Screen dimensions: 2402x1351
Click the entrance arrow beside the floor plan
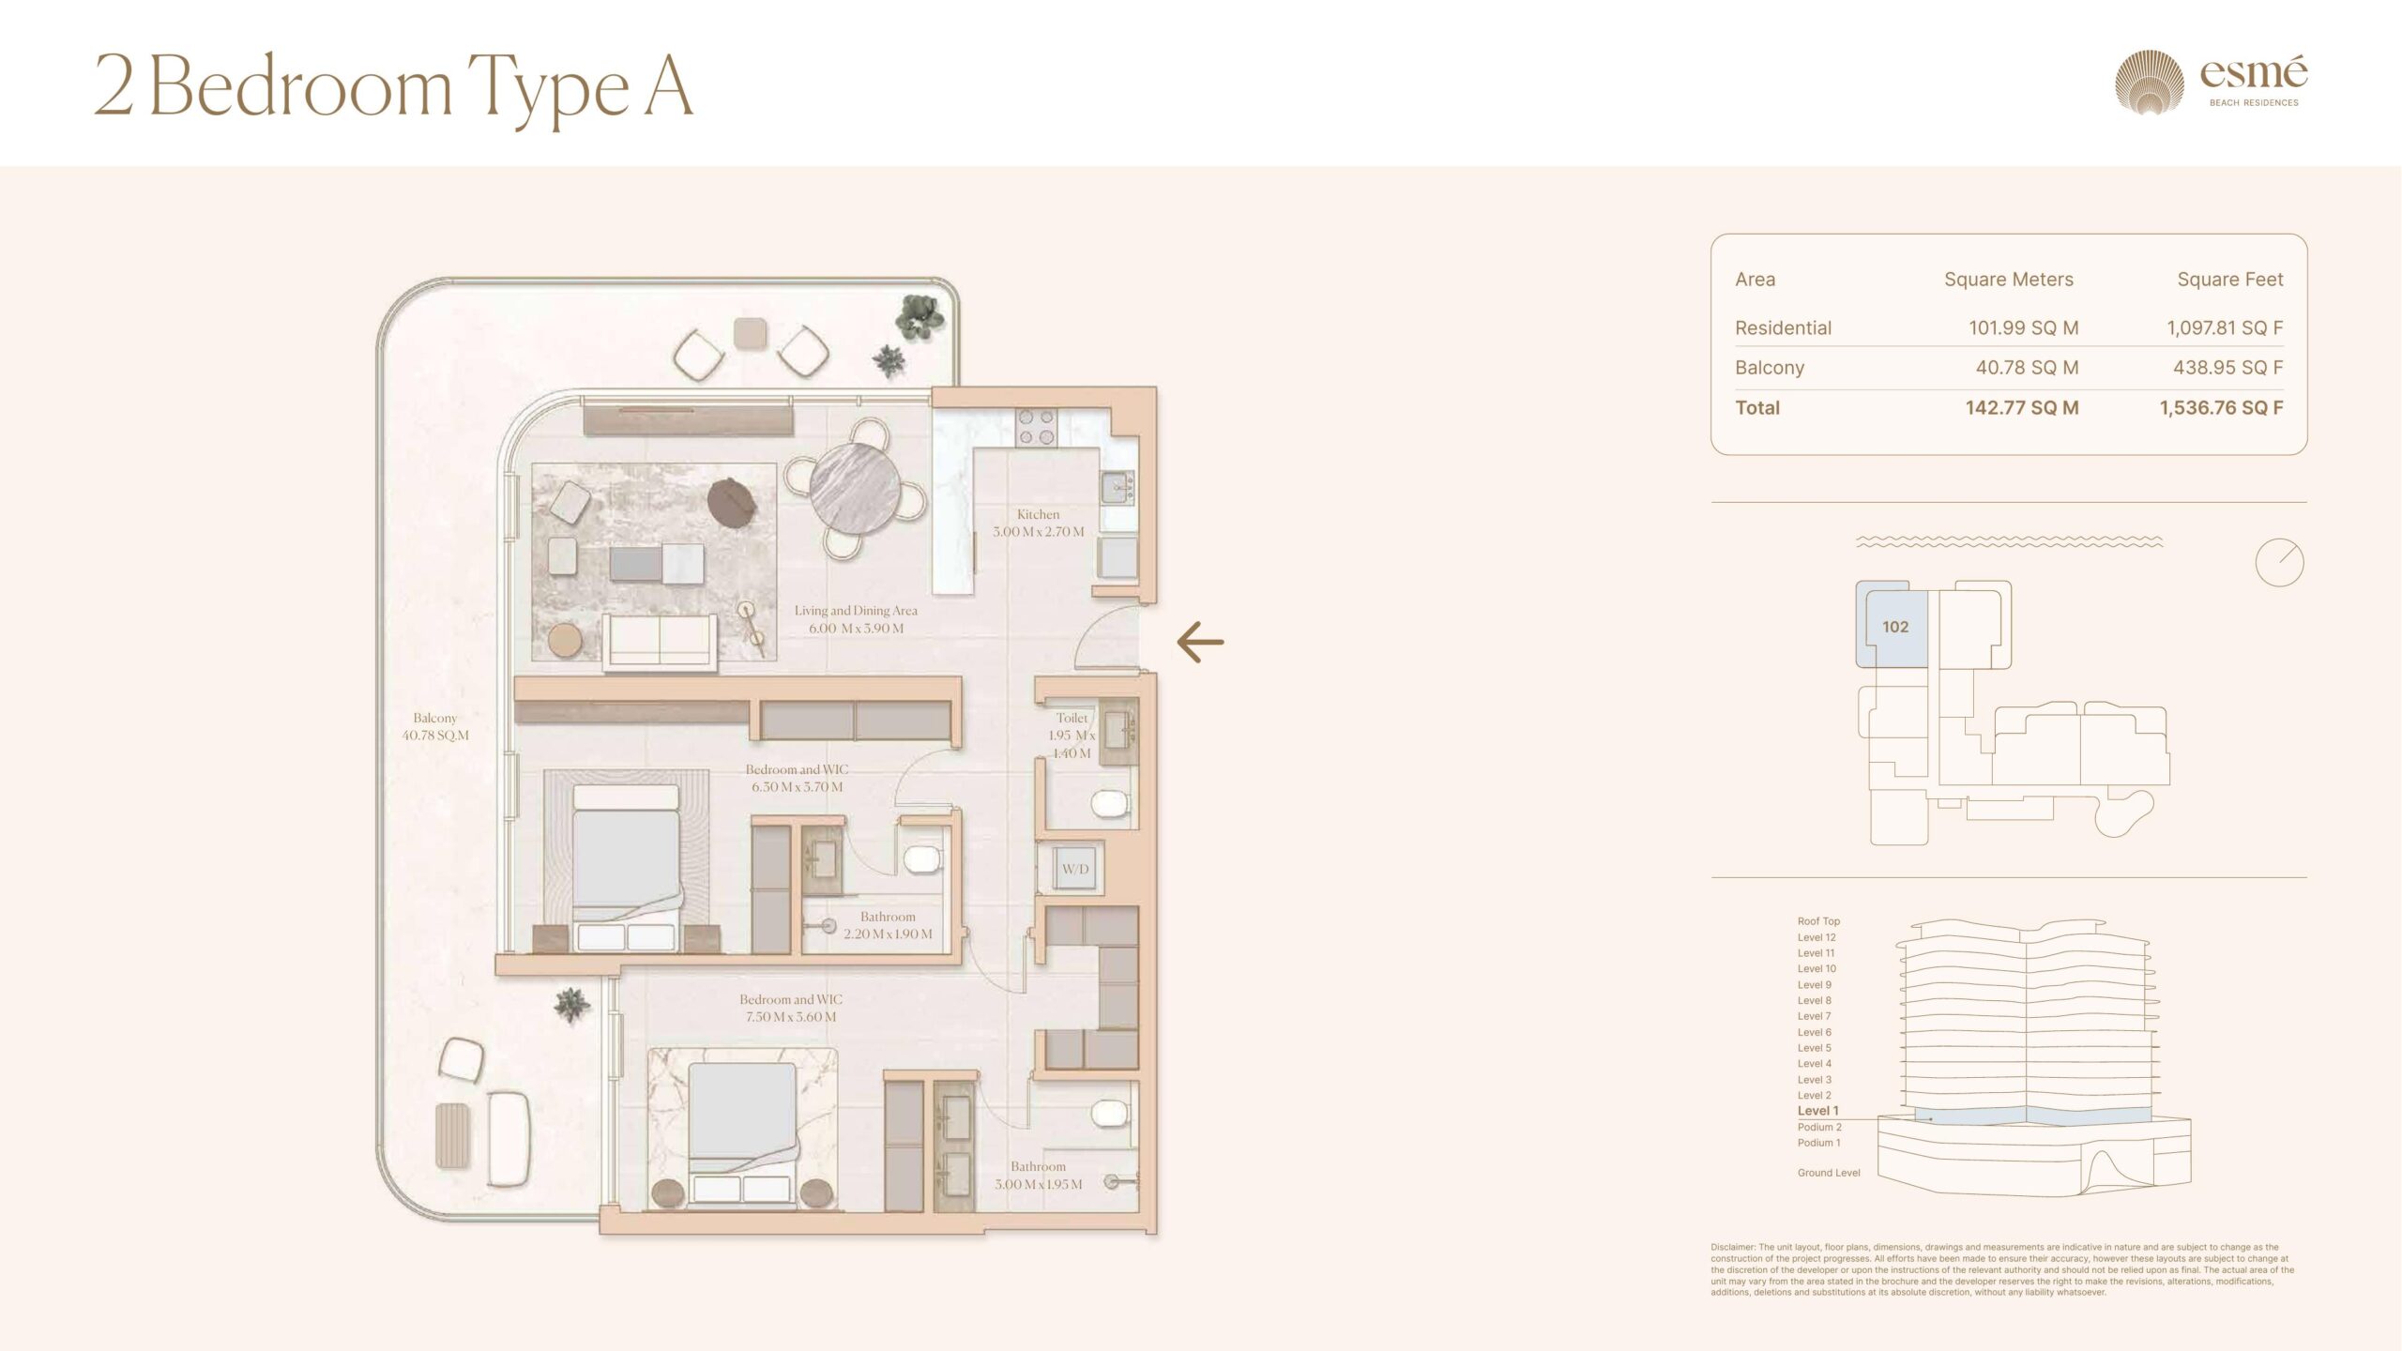click(x=1200, y=643)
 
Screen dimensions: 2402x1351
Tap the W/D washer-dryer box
click(x=1075, y=869)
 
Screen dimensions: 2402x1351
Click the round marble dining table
click(x=855, y=489)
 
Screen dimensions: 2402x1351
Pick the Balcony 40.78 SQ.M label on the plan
click(x=435, y=727)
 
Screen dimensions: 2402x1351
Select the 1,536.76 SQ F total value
click(x=2221, y=408)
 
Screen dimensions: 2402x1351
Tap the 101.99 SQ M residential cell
click(x=2023, y=328)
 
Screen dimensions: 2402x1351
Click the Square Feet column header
click(x=2230, y=280)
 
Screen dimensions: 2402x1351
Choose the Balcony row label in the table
click(x=1770, y=368)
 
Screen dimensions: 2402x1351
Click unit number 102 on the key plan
click(x=1895, y=627)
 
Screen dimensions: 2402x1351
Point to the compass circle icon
click(x=2279, y=563)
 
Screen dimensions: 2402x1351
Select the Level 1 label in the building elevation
click(x=1817, y=1111)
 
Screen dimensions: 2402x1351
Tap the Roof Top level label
click(x=1818, y=921)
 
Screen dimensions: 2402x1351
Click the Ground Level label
click(x=1829, y=1173)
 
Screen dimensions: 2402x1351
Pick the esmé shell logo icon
click(x=2150, y=83)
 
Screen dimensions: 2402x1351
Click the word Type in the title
click(x=548, y=89)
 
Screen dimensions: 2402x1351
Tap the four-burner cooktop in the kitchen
click(x=1037, y=427)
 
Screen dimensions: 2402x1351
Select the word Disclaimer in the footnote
click(x=1733, y=1248)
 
